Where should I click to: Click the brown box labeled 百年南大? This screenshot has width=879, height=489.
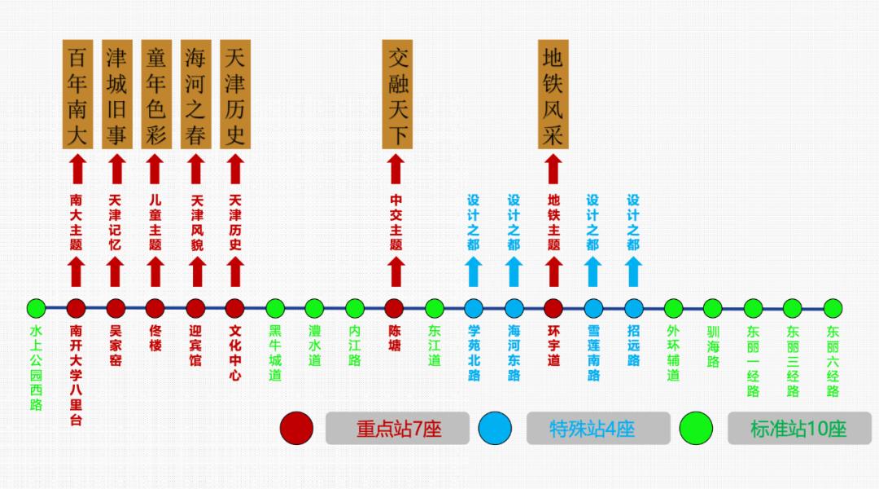click(x=77, y=95)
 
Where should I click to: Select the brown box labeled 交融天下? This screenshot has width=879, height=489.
click(x=396, y=95)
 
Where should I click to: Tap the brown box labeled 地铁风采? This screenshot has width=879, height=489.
click(x=553, y=95)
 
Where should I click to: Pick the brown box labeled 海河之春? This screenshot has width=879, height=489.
click(x=195, y=95)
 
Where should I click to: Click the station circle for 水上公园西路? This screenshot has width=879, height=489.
click(x=36, y=308)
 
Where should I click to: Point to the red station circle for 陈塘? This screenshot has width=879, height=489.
click(x=395, y=308)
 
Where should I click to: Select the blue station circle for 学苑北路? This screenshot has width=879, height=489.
click(x=474, y=308)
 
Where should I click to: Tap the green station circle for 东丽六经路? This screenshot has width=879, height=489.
click(x=832, y=308)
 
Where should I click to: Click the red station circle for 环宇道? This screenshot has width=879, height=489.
click(x=553, y=308)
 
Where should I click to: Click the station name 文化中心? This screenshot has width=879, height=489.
click(x=235, y=354)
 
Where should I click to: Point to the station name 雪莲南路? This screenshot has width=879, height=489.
click(x=593, y=354)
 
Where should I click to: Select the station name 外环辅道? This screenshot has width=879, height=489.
click(x=673, y=354)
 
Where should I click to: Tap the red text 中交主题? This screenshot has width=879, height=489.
click(x=396, y=222)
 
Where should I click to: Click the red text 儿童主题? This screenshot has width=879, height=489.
click(x=155, y=222)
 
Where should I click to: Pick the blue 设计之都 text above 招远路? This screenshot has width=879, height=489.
click(x=633, y=222)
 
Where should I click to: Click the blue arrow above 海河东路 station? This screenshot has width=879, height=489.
click(x=514, y=272)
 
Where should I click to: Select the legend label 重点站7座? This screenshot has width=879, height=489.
click(x=398, y=429)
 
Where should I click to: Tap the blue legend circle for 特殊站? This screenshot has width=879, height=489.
click(x=496, y=429)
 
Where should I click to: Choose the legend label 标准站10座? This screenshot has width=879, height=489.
click(x=798, y=429)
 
